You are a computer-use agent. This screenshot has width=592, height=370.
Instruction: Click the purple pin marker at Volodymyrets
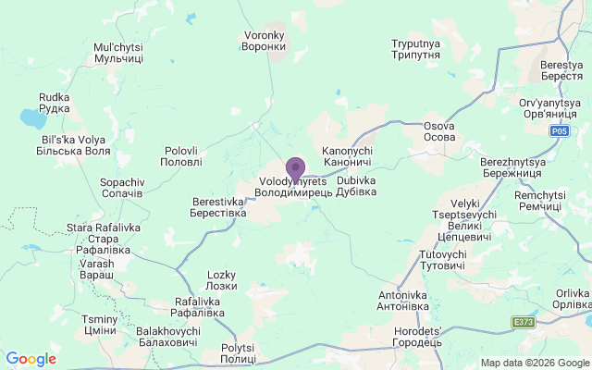coord(295,169)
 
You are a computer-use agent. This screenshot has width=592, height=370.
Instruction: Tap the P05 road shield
coord(560,131)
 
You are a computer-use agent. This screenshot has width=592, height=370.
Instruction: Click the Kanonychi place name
coord(347,155)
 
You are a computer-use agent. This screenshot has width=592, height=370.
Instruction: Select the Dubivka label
coord(356,186)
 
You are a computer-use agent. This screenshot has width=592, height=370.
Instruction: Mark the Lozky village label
coord(221,280)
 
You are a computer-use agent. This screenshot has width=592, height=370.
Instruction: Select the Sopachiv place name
coord(121,188)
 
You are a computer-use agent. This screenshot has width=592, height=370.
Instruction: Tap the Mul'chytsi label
coord(118,52)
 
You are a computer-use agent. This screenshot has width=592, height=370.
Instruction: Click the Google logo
coord(31,359)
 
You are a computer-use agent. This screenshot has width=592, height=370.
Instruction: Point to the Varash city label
coord(96,269)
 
